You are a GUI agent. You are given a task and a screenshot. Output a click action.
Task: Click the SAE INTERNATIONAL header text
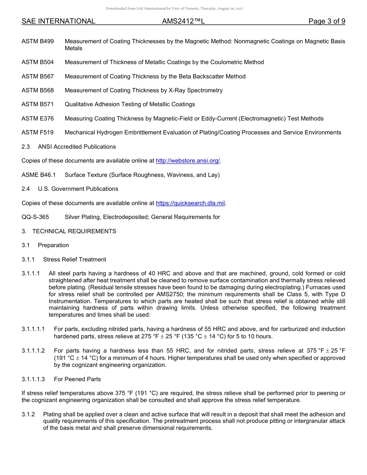58,21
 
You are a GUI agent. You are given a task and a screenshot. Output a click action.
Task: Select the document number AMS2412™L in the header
183,21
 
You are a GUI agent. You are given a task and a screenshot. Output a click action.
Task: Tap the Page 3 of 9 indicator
326,21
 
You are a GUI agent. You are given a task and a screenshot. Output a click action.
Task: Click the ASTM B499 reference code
38,41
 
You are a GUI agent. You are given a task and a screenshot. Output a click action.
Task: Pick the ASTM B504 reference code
38,62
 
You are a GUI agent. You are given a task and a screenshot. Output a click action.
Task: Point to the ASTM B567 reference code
38,76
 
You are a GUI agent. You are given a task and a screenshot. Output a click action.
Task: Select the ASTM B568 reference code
38,90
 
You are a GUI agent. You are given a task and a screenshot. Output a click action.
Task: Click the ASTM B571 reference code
38,104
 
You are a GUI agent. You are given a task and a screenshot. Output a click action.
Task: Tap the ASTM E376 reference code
38,119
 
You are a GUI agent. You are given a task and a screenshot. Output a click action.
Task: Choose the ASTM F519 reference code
38,132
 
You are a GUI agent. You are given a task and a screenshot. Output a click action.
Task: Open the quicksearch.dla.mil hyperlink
190,203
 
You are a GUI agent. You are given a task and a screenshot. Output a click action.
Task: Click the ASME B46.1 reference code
39,175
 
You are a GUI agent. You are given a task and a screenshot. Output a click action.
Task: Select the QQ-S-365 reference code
35,217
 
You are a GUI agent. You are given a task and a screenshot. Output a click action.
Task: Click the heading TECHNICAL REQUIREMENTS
74,231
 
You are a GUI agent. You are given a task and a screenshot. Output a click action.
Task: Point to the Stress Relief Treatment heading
75,260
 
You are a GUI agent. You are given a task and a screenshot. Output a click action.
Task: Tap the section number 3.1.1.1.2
33,351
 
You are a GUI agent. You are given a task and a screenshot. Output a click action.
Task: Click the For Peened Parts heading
77,379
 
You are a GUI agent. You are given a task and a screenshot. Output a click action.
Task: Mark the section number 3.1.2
28,414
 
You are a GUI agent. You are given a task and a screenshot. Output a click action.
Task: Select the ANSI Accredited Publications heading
77,147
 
